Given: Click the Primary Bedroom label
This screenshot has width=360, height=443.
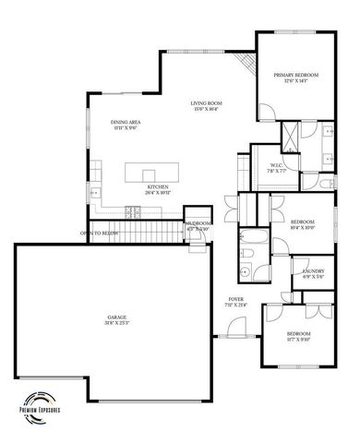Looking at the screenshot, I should tap(296, 74).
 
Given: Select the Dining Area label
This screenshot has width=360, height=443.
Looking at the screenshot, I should tap(126, 123).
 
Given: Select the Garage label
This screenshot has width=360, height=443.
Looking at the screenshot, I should tap(116, 317).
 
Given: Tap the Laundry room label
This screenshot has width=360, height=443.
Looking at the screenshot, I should tap(313, 269).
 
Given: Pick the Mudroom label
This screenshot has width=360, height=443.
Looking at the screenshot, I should tap(198, 223).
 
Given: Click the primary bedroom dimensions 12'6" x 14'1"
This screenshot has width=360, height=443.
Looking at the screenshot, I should tap(296, 80).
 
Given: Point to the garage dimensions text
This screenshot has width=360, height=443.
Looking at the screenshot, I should tap(116, 323).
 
